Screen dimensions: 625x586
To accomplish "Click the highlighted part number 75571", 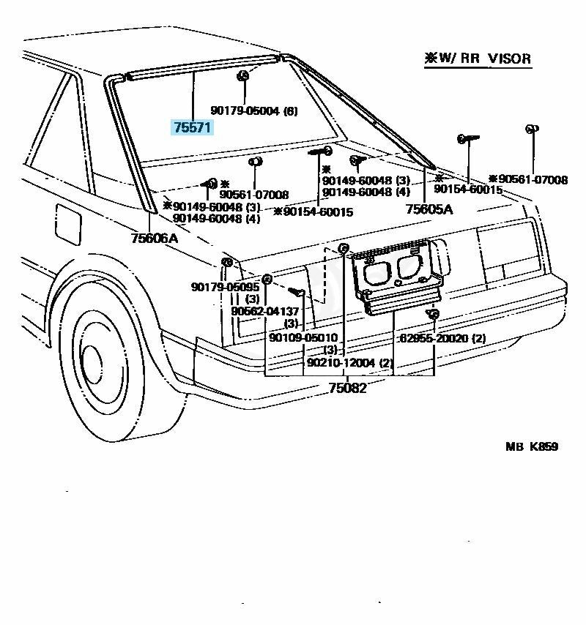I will coord(192,127).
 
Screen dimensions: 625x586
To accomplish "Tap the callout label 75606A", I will coord(155,238).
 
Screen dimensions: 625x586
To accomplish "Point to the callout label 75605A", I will coord(429,209).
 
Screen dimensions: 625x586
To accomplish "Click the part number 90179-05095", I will coord(225,287).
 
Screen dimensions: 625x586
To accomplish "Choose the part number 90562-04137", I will coord(265,311).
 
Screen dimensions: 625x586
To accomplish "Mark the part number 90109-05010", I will coord(303,337).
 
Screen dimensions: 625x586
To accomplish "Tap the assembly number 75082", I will coord(346,388).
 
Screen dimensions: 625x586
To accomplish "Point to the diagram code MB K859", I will coord(531,446).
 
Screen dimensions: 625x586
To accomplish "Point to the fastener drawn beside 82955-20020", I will coord(433,315).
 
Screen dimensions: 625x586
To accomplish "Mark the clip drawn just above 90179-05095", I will coord(226,263).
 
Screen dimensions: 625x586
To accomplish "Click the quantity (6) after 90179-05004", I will coord(290,111).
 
